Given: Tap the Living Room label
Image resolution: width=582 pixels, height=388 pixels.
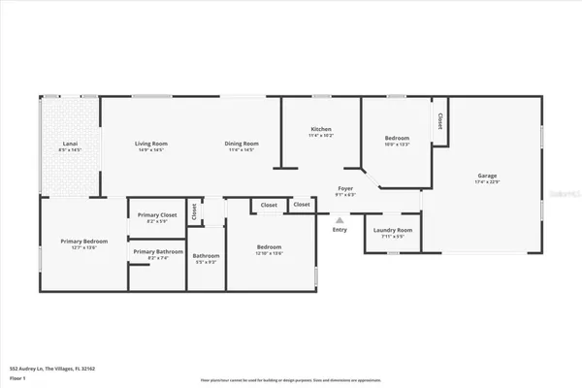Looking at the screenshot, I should coord(150,144).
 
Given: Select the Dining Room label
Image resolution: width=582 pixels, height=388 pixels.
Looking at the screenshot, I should coord(241,144).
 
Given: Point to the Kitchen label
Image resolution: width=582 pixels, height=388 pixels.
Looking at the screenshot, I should coord(321,129).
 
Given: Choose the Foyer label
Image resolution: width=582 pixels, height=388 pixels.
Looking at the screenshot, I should coord(344,188).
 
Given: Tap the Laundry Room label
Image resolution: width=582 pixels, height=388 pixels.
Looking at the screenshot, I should coord(393,230).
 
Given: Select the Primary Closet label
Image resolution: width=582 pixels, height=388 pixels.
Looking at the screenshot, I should coord(156,214).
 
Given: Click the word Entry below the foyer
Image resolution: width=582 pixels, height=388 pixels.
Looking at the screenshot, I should coord(339,230).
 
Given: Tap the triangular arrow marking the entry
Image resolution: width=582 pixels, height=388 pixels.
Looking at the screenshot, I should coord(339,219).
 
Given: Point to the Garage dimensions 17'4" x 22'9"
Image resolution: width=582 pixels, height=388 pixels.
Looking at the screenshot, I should coord(486,182).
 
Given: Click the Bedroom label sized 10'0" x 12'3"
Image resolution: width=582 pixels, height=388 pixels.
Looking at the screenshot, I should coord(397,138).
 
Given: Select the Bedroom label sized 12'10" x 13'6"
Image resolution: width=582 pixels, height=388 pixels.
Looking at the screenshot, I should coord(270,247).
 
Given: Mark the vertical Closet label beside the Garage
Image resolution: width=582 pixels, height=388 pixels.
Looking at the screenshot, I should coord(439,121).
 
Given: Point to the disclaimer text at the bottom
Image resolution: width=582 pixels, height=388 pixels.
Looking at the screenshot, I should coord(290,380).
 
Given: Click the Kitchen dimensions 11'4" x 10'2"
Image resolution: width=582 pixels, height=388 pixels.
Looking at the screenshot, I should coord(321,135).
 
